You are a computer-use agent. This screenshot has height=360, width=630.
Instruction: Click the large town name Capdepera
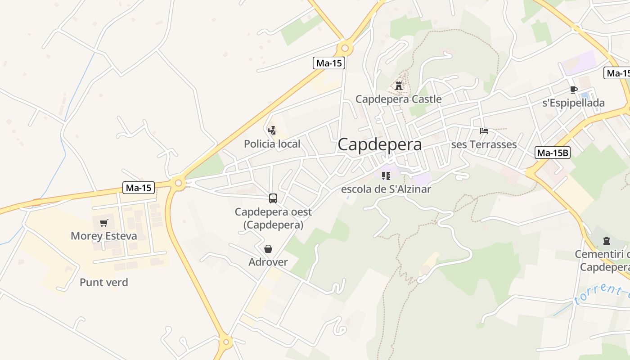click(x=380, y=144)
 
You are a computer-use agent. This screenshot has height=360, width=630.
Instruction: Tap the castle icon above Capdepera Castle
click(x=399, y=85)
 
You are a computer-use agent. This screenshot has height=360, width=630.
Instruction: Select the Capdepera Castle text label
click(x=398, y=99)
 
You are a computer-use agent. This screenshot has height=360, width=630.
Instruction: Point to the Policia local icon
click(x=272, y=131)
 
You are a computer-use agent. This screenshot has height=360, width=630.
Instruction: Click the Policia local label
click(x=272, y=144)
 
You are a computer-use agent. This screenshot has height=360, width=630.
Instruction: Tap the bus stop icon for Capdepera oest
click(x=273, y=198)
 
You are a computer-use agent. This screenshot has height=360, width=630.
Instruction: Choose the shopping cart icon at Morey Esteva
click(x=104, y=223)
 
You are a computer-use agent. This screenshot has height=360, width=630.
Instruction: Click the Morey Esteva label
click(x=104, y=236)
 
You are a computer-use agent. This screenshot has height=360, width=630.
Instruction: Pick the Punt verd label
click(x=104, y=283)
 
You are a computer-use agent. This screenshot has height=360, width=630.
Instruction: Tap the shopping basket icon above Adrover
click(x=268, y=249)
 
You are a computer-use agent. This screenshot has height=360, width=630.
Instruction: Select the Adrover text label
click(x=268, y=262)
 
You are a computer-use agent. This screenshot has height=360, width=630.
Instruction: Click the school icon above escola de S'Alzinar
click(x=386, y=176)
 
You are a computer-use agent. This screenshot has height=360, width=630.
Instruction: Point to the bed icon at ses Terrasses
click(x=484, y=131)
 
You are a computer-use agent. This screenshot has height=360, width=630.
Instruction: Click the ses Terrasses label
click(x=484, y=144)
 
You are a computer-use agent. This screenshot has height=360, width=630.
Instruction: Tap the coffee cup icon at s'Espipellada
click(x=573, y=90)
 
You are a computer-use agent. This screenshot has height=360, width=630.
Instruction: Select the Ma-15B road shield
click(x=553, y=153)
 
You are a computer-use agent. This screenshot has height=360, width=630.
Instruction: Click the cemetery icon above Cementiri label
click(x=606, y=241)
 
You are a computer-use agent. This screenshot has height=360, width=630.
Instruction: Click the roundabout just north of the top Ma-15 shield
click(x=345, y=48)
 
